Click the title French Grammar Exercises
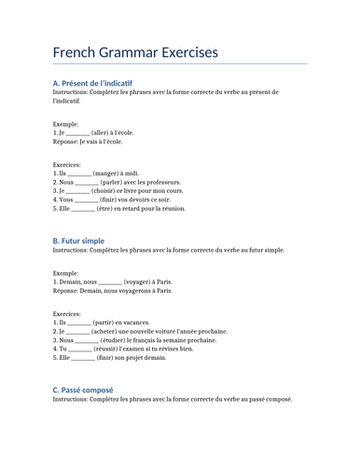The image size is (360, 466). click(x=135, y=52)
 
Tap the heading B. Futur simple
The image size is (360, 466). click(x=78, y=240)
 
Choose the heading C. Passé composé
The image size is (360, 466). click(x=83, y=390)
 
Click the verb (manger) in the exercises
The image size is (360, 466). click(x=107, y=173)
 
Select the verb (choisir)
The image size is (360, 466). click(x=109, y=191)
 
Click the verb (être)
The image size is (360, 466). click(x=109, y=209)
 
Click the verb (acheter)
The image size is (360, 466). click(x=109, y=331)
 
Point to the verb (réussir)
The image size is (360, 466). click(x=115, y=349)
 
